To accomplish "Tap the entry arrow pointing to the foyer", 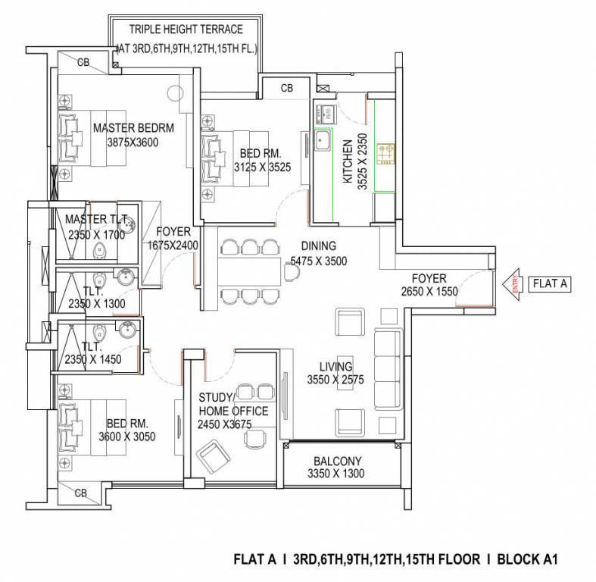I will tap(513, 285).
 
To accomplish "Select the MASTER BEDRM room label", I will tap(133, 128).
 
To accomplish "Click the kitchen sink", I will tap(323, 141).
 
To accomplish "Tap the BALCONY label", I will tap(337, 461).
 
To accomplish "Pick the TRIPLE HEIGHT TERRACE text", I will tap(186, 30).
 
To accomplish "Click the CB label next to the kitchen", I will tap(287, 88).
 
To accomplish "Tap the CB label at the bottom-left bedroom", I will tap(80, 493).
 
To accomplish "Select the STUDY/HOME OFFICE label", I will tap(233, 404).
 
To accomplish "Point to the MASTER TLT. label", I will tap(95, 220).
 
